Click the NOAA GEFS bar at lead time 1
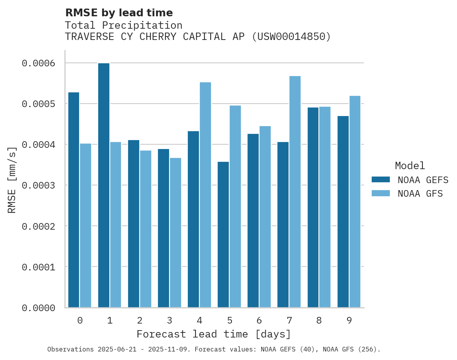coord(104,185)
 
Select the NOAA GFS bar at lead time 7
coord(295,192)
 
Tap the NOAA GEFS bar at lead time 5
coord(223,234)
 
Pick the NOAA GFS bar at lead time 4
coord(205,195)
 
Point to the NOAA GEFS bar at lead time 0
coord(74,200)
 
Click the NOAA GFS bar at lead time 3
coord(175,232)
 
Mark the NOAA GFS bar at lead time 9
coord(355,201)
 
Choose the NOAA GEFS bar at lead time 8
coord(313,207)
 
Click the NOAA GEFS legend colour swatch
coord(381,180)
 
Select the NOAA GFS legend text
coord(420,194)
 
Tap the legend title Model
coord(410,166)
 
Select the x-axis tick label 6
coord(259,320)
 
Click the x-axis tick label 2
coord(139,320)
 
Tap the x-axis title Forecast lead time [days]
coord(214,334)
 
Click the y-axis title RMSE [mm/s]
coord(12,180)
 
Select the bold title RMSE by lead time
coord(119,13)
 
